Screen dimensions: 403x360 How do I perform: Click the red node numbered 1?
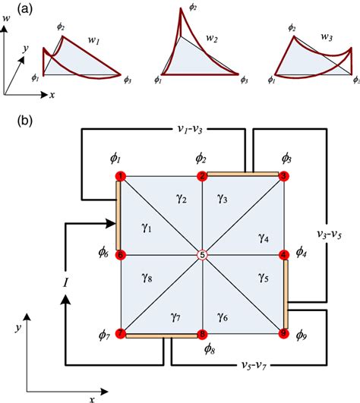tap(120, 177)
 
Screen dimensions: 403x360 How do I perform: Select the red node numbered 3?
tap(283, 176)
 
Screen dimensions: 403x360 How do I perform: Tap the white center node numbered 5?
tap(202, 255)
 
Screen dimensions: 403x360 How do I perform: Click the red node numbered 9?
tap(284, 333)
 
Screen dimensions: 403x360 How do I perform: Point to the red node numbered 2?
tap(202, 176)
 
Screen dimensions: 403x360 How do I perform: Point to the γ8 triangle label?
tap(148, 279)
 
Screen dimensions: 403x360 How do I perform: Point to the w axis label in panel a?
tap(7, 29)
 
